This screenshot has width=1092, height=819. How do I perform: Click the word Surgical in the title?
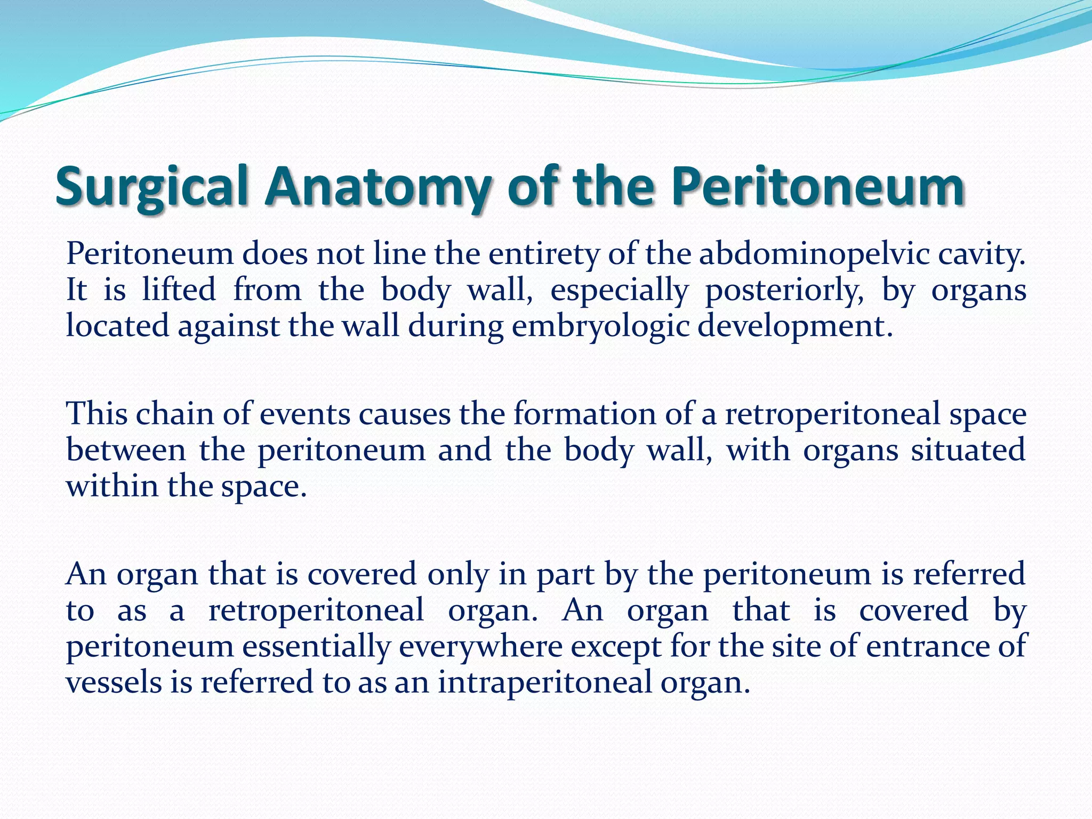pos(152,187)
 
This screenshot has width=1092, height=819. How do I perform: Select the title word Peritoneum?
pos(816,187)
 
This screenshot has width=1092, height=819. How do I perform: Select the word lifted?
pos(179,290)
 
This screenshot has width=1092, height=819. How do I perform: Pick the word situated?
pos(968,450)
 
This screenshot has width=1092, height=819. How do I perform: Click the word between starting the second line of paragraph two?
pos(126,450)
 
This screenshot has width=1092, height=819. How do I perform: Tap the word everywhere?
pos(480,647)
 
